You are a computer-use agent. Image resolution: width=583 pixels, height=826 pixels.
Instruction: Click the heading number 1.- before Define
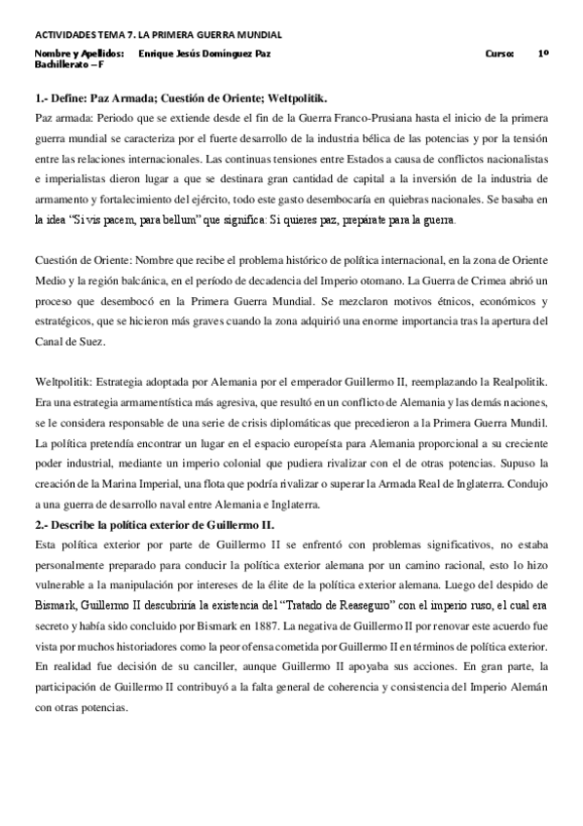[42, 99]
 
